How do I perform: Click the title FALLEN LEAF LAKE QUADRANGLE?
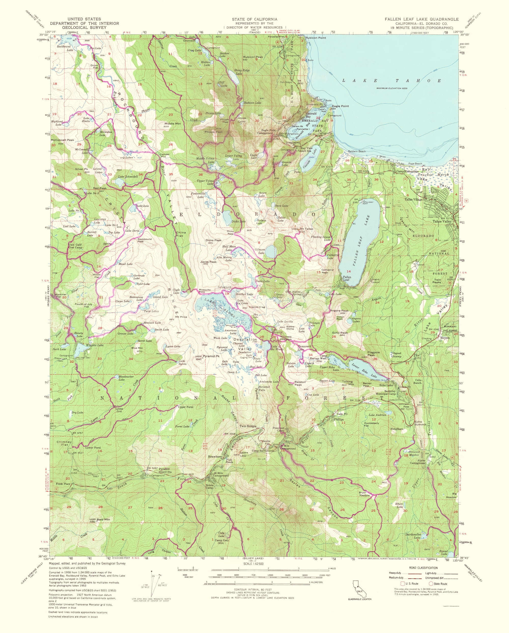tap(421, 19)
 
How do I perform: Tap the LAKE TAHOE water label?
tap(392, 81)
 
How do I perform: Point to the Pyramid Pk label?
tap(211, 356)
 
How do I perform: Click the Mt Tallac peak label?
tap(307, 229)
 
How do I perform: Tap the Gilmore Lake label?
tap(260, 251)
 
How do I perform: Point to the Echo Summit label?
tap(420, 423)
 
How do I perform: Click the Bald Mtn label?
tap(103, 519)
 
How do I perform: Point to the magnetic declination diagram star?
tap(152, 571)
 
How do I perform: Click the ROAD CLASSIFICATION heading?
tap(423, 568)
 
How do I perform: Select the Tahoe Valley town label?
tap(443, 222)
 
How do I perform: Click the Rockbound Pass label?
tap(144, 240)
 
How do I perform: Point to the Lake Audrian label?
tap(377, 415)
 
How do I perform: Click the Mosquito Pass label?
tap(205, 291)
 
